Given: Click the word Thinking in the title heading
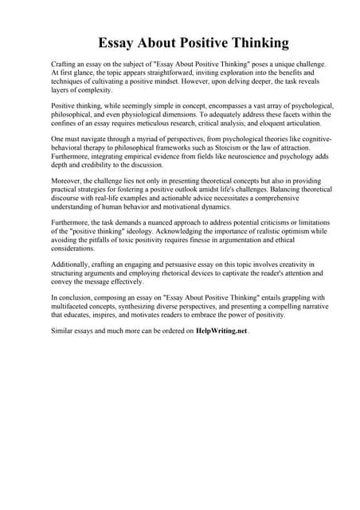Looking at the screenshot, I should coord(256,41).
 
